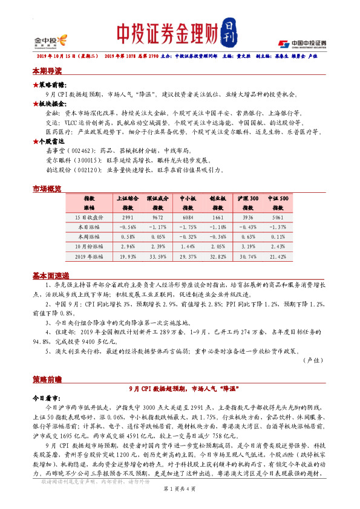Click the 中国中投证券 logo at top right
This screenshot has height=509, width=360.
tap(302, 44)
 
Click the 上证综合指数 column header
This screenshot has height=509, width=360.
tap(127, 203)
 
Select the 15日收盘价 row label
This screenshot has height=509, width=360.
tap(88, 217)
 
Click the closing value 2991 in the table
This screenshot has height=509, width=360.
tap(127, 217)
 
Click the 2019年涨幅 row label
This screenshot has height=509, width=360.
tap(88, 256)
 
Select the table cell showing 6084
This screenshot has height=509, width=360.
tap(188, 217)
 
